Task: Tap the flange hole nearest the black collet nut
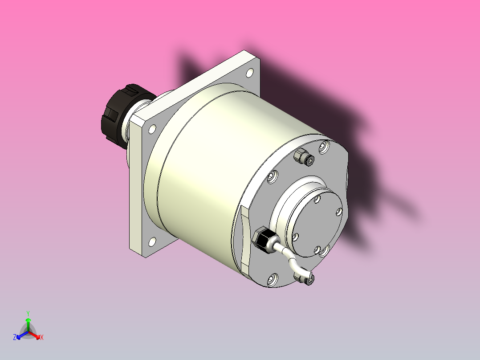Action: (x=152, y=129)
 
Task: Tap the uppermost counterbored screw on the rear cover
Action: (x=324, y=147)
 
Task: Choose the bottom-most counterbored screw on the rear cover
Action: (x=272, y=280)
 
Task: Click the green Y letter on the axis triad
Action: (x=28, y=313)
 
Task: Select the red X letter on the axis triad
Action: (x=42, y=338)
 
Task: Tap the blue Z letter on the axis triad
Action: (x=15, y=338)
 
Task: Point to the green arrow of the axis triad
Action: (x=28, y=323)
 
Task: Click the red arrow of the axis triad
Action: (x=37, y=335)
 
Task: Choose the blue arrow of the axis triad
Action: (x=20, y=335)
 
